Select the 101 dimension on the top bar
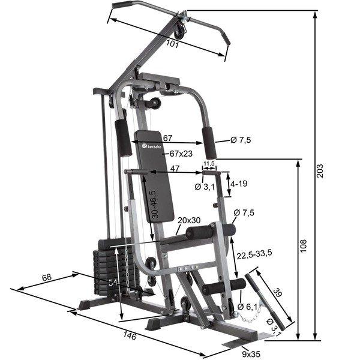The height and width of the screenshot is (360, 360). [x=173, y=43]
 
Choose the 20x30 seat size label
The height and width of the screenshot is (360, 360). [x=189, y=220]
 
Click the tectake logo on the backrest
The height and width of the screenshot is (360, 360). [x=151, y=145]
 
